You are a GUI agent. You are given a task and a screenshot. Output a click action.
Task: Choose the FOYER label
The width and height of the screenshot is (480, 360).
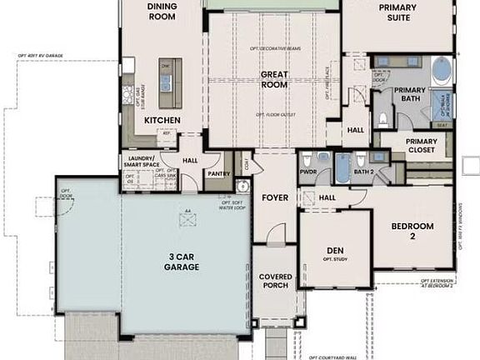(274, 198)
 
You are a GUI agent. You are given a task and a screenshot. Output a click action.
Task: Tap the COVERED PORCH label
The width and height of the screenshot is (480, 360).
(275, 281)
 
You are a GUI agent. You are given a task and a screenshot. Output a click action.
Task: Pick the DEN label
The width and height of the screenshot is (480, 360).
(336, 249)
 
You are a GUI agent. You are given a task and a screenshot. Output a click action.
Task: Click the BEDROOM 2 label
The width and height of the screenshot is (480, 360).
(412, 231)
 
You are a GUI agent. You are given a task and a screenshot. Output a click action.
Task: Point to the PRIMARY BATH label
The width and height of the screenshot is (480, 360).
(409, 95)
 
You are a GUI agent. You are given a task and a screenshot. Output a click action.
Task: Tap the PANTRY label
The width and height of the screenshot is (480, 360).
(218, 173)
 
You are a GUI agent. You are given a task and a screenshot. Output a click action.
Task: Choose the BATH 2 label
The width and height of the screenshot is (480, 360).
(362, 172)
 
